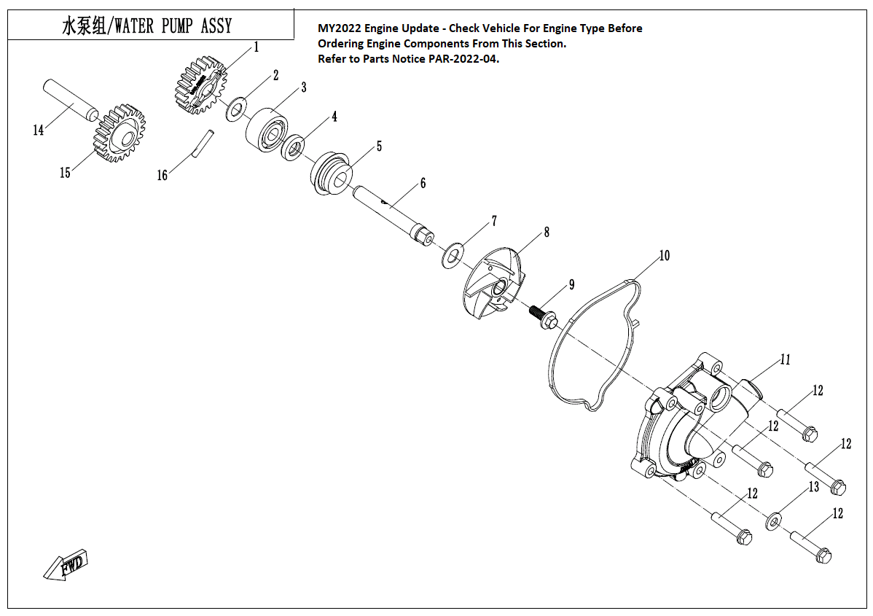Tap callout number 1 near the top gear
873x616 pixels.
point(257,47)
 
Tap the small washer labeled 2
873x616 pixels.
point(235,111)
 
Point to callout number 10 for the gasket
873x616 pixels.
point(664,256)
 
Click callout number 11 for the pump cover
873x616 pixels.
point(785,359)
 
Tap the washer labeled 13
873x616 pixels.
point(774,521)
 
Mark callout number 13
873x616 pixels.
point(814,486)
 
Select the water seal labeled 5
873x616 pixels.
point(332,173)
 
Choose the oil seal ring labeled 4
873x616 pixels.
point(293,147)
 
